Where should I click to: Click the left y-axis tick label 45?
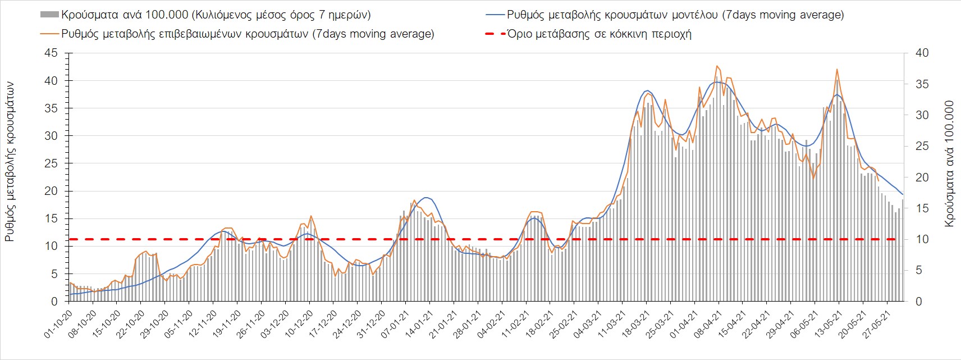tap(51, 53)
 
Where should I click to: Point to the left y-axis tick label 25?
tap(51, 163)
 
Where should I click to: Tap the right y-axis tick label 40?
tap(922, 53)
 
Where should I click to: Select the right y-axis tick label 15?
tap(922, 208)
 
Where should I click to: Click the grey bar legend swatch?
tap(49, 15)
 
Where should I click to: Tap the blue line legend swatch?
tap(493, 15)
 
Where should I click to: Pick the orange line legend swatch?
tap(49, 34)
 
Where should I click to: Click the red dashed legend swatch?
tap(493, 34)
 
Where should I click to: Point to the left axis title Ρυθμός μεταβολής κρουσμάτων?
tap(10, 162)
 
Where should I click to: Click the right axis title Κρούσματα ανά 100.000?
tap(949, 164)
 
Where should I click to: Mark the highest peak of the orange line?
tap(717, 66)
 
